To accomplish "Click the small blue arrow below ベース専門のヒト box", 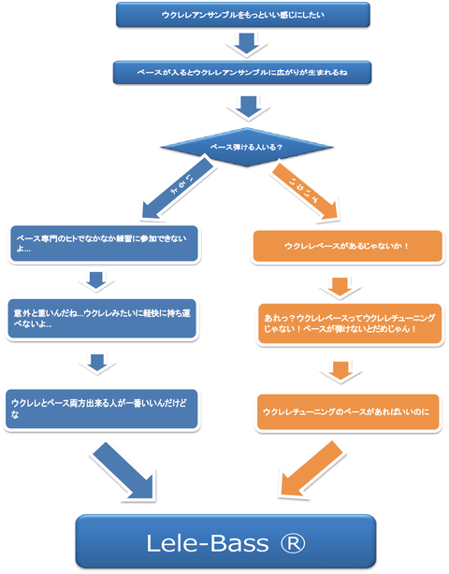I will click(x=96, y=281).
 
